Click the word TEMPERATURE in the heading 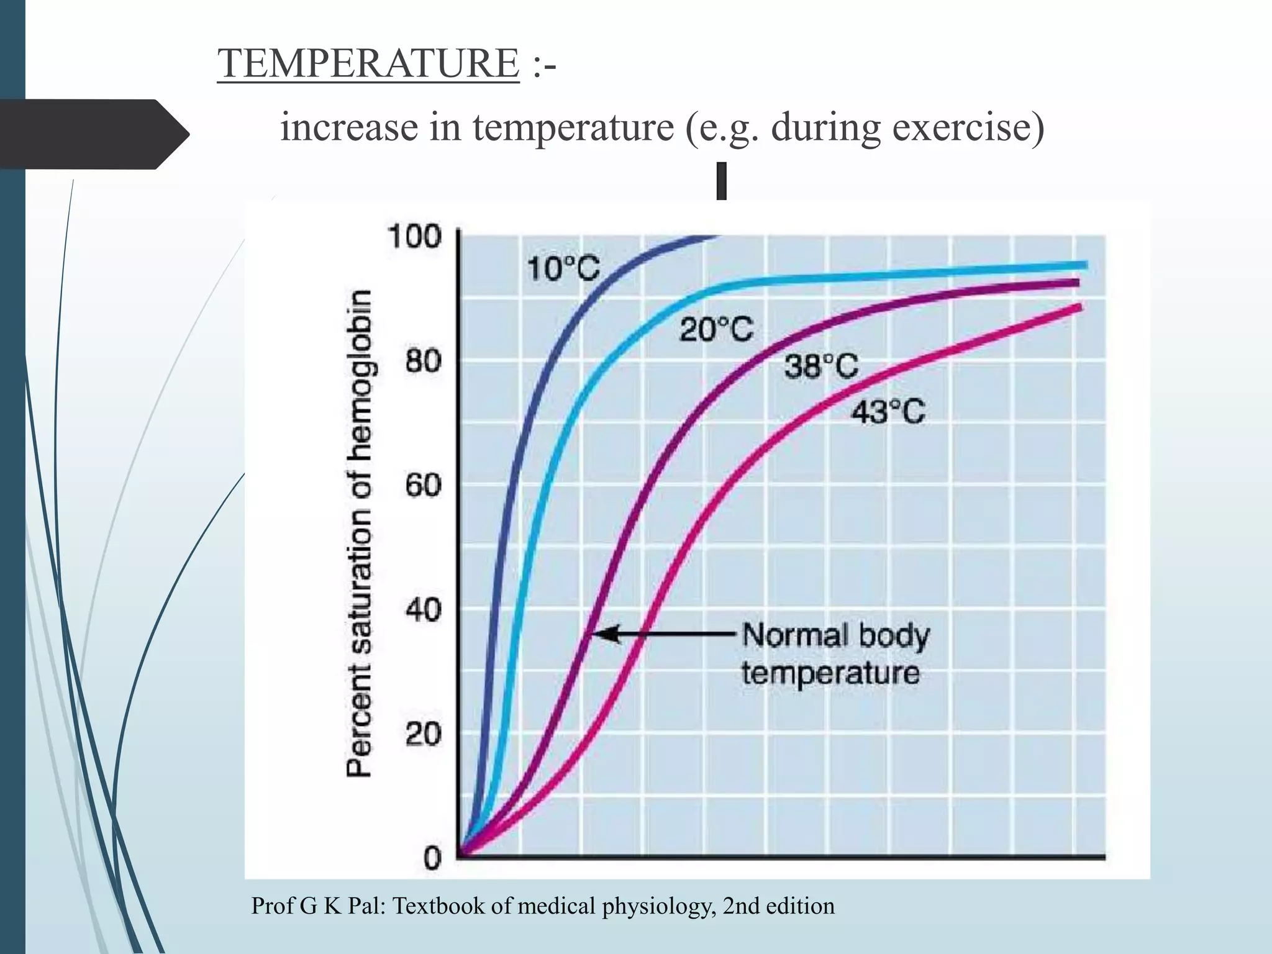click(x=368, y=63)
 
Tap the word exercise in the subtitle click(x=969, y=127)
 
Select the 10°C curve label click(x=563, y=270)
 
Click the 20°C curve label click(x=715, y=329)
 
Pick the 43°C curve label click(x=888, y=411)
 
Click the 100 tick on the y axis click(x=414, y=237)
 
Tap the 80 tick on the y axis click(x=423, y=361)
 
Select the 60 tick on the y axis click(x=423, y=485)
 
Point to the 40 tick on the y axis click(x=423, y=610)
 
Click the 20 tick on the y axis click(x=423, y=735)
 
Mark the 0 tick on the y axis click(x=432, y=858)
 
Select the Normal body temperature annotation click(x=832, y=654)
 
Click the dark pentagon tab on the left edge click(x=93, y=134)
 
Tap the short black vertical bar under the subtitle click(x=721, y=181)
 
